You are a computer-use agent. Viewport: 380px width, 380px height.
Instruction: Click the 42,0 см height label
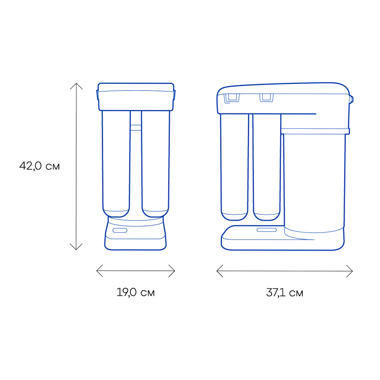click(39, 166)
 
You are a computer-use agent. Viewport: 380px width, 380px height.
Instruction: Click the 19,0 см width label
click(135, 292)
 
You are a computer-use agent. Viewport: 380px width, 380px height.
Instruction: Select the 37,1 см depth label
click(284, 292)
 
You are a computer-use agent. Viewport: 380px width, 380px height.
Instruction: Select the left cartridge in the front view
click(116, 163)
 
